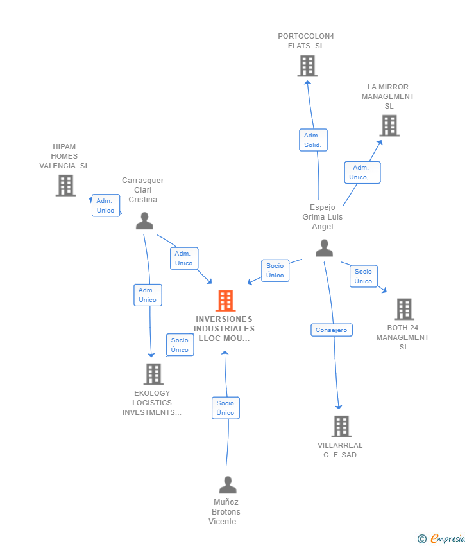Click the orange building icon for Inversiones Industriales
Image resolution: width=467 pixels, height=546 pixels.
point(225,301)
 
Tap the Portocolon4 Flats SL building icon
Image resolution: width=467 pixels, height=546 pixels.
point(307,66)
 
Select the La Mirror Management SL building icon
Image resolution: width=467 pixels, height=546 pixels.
point(389,126)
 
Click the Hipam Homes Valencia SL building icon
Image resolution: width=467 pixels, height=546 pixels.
point(65,186)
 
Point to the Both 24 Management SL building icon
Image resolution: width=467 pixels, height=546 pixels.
point(403,309)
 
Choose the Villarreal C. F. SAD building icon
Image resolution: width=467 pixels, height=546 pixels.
point(341,426)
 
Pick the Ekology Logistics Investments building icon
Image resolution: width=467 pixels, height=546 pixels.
point(153,374)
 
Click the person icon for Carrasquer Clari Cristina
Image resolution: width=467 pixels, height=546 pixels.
point(145,221)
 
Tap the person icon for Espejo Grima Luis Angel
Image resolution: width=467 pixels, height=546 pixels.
point(325,248)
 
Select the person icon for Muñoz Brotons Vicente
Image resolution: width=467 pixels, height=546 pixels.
point(228,485)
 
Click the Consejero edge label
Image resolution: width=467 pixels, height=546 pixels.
point(332,330)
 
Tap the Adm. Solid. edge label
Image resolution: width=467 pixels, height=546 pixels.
point(313,140)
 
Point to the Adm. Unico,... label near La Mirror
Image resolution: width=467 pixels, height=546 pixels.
point(362,172)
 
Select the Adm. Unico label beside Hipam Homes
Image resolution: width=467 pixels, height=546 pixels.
point(105,206)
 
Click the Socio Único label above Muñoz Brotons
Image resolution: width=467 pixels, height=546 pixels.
point(225,408)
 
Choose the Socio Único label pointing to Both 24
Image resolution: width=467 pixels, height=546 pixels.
point(363,276)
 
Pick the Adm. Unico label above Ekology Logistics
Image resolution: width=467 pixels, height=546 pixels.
point(148,295)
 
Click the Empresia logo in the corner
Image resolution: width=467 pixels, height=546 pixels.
point(441,538)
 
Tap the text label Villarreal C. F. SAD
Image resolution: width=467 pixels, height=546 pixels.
point(340,450)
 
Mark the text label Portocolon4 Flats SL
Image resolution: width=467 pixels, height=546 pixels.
point(306,41)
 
